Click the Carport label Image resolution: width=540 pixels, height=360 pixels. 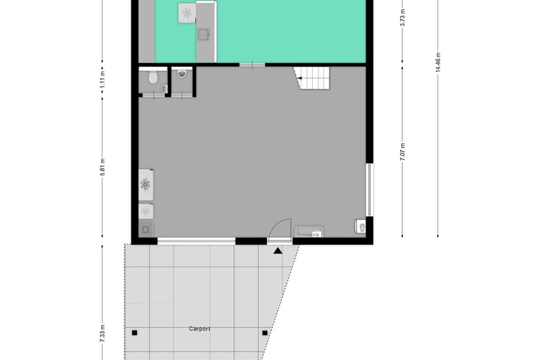point(199,329)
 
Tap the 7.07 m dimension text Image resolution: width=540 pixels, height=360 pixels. point(403,152)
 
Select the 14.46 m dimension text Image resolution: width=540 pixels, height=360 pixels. point(438,62)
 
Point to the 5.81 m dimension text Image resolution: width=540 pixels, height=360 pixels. point(102,167)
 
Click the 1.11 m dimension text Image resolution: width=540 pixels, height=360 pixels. point(102,80)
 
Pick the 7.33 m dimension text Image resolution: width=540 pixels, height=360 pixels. point(102,334)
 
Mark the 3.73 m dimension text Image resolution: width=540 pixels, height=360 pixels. point(403,17)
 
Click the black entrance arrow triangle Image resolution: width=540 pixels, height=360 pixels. point(278,251)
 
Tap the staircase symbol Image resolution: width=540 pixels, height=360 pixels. point(312,78)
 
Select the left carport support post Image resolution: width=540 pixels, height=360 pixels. point(135,333)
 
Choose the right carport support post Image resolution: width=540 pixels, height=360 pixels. point(265,333)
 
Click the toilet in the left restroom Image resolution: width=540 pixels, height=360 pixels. point(152,77)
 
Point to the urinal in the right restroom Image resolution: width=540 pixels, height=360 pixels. point(182,73)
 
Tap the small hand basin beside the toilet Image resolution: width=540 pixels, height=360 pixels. point(164,89)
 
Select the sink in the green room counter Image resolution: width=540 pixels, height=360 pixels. point(203,35)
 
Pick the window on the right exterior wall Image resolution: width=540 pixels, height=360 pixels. point(370,190)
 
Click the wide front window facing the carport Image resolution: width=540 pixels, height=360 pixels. point(197,241)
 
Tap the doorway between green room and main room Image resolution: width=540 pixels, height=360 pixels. point(253,64)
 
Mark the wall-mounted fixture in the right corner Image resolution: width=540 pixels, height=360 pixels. point(361,226)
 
